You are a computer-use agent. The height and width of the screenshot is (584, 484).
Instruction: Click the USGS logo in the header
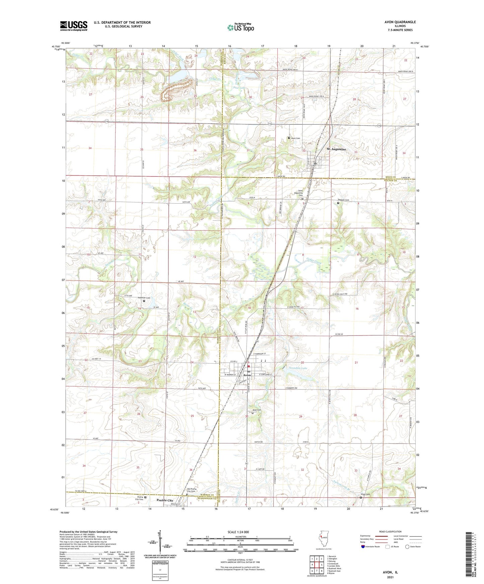coord(74,25)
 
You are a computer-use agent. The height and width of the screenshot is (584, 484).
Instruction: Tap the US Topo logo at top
coord(240,27)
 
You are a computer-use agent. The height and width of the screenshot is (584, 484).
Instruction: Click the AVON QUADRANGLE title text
coord(400,22)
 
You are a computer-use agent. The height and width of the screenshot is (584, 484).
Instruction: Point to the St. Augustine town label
coord(336,149)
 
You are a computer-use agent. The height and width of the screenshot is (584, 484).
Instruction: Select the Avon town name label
coord(247,375)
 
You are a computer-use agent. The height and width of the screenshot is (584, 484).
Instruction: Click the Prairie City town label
coord(165,500)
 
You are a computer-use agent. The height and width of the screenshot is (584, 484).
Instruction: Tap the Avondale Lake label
coord(298,368)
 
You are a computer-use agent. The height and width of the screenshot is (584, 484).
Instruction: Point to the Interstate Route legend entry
coord(370,547)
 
